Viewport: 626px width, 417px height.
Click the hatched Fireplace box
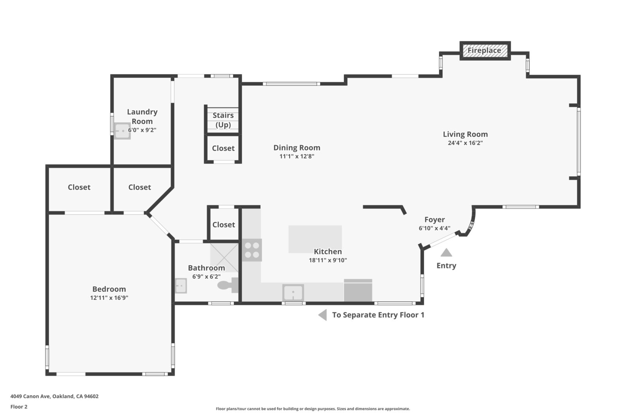pos(485,50)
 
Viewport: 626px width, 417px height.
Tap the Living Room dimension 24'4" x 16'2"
pos(465,143)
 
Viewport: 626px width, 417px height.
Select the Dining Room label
pos(297,147)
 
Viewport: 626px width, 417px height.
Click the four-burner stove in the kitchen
pos(252,250)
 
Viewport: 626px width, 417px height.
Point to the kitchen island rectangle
pos(315,239)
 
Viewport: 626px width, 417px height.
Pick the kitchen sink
pos(293,292)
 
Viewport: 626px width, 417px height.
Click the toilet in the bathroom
pos(228,285)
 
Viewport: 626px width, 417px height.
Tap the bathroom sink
pos(180,286)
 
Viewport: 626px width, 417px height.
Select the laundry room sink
pos(122,131)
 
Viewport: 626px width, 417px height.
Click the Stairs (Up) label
pos(223,120)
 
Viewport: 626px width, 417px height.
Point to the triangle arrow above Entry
pos(446,252)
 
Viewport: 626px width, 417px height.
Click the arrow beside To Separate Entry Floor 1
pos(322,315)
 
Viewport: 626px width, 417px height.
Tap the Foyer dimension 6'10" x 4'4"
pos(434,228)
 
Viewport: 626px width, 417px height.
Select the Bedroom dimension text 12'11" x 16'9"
pos(109,297)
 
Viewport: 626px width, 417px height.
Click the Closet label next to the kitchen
pos(223,224)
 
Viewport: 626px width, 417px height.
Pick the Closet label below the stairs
pos(223,148)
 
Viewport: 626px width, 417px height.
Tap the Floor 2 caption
pos(19,407)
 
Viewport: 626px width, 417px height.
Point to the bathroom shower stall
pos(224,257)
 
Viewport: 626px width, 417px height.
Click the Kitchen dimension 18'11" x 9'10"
pos(328,260)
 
